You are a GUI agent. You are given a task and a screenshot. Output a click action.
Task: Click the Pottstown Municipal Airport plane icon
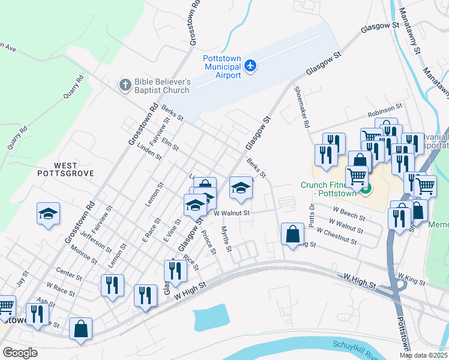(250, 65)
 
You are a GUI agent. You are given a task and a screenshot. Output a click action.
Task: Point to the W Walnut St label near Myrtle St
(231, 213)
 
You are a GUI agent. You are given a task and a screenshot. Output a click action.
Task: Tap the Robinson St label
(384, 110)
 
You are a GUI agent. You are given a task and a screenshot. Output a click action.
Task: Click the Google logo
(20, 353)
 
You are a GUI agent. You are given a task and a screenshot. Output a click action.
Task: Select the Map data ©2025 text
(423, 355)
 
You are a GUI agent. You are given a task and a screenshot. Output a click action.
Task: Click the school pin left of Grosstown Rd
(47, 214)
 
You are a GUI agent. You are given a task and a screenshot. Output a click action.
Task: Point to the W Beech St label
(349, 212)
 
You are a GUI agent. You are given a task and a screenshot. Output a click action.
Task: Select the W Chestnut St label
(337, 236)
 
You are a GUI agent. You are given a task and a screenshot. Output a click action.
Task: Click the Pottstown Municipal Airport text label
(222, 66)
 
